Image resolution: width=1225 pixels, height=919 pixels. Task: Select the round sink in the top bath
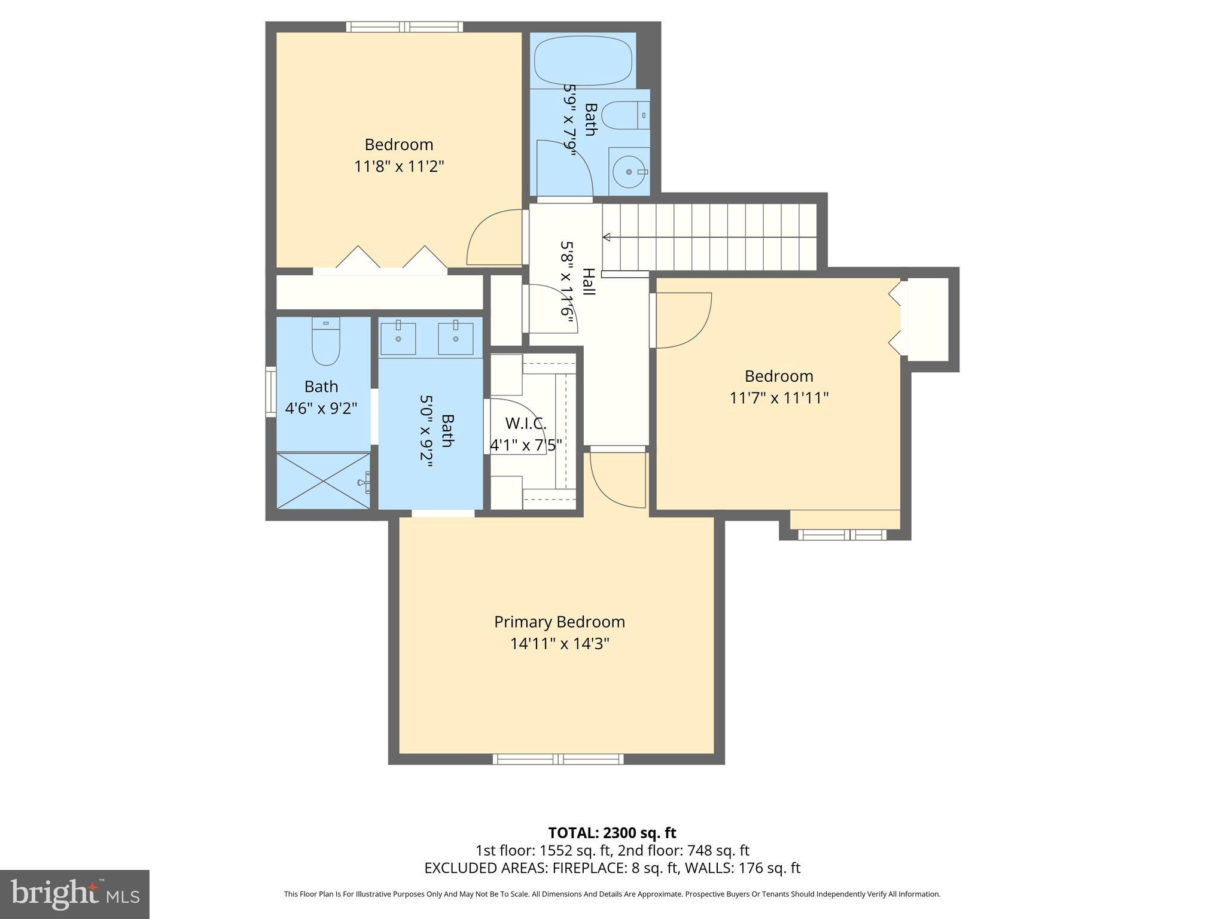pos(630,172)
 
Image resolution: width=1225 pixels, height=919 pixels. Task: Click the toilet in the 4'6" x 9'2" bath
pos(326,342)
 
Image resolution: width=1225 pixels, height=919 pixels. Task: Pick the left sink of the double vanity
pos(398,339)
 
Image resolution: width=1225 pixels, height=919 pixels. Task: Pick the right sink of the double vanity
pos(455,339)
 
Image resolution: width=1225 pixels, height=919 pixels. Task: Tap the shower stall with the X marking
pos(323,480)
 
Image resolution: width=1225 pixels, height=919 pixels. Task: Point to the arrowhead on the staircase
pos(607,238)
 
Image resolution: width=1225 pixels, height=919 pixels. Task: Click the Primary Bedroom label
pos(559,622)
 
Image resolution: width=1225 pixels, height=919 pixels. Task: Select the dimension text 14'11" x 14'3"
pos(559,644)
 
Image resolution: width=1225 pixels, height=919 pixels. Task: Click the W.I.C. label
pos(526,424)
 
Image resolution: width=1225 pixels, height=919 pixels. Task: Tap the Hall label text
pos(588,281)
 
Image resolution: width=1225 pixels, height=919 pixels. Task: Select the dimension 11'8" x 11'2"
pos(399,166)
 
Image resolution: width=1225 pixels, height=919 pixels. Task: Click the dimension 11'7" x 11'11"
pos(779,398)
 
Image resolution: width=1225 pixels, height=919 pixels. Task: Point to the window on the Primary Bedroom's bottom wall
pos(558,759)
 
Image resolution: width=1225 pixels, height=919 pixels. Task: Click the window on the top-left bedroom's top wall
pos(404,27)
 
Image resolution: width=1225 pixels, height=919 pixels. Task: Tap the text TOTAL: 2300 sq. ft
pos(612,833)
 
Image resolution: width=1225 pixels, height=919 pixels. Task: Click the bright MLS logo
pos(74,894)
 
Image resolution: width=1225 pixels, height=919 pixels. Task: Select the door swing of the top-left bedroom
pos(495,236)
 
